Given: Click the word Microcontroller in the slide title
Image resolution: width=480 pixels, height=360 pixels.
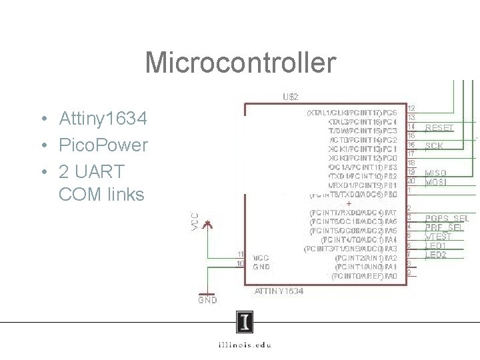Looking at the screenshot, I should pos(239,63).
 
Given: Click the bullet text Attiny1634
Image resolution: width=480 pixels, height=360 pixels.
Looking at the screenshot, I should pos(103,119).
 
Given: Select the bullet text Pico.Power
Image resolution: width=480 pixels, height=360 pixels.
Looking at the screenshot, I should pos(103,145).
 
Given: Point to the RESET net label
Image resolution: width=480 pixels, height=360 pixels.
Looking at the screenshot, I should pos(439,127).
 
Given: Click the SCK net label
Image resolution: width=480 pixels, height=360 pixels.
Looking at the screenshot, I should pos(434,145).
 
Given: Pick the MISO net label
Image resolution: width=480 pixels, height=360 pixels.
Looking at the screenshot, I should pos(436,173).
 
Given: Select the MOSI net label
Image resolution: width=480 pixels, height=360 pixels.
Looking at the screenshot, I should pos(436,181).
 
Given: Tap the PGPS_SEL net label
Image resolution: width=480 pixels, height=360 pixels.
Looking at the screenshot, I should pos(447,219).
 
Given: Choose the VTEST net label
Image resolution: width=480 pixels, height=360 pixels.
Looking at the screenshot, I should pos(438,237).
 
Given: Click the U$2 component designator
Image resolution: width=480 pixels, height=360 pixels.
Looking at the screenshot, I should pos(290,97).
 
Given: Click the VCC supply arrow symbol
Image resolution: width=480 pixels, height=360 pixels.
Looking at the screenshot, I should pos(209,225).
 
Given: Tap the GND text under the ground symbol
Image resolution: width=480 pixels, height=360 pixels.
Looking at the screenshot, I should pos(207,301).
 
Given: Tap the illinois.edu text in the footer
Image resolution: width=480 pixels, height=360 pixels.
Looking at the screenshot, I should pos(245,345).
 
